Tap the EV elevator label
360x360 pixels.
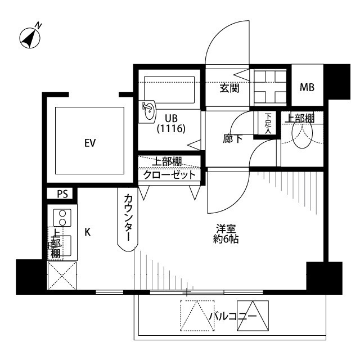tap(89, 143)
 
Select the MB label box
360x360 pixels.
tap(307, 87)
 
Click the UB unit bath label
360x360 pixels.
tap(172, 118)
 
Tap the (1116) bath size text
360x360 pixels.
tap(172, 129)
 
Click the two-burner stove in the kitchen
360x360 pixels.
tap(62, 218)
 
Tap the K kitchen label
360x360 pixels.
tap(88, 232)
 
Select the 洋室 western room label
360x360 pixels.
tap(227, 229)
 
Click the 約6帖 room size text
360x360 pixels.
tap(227, 240)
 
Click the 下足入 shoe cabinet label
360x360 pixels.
tap(268, 123)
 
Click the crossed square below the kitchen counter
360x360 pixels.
tap(61, 276)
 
